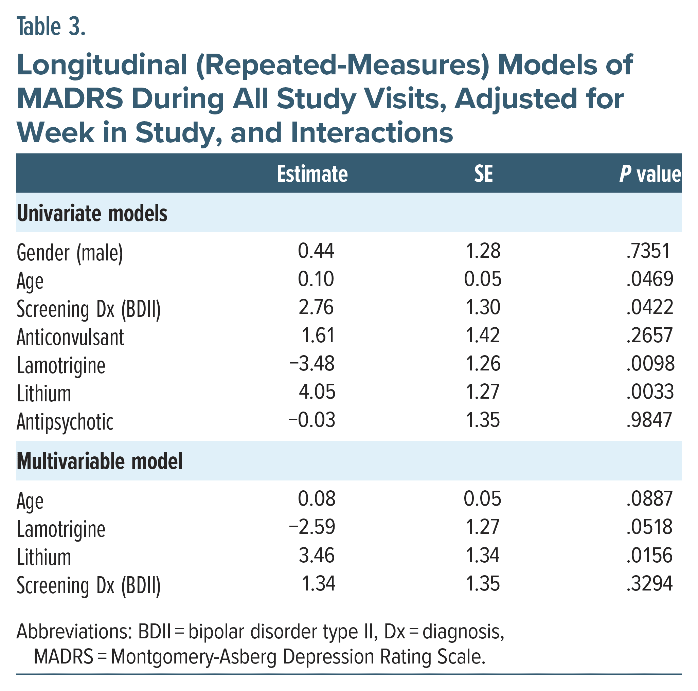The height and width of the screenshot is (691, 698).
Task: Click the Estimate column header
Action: pos(312,174)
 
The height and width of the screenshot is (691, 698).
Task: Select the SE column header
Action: pos(483,174)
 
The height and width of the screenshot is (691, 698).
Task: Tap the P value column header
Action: pos(649,174)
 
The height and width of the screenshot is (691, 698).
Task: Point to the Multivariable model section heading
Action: pos(100,461)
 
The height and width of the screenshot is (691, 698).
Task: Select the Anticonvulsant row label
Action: pos(70,337)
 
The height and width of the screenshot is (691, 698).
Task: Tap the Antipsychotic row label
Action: pos(65,421)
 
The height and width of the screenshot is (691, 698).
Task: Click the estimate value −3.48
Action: pos(312,364)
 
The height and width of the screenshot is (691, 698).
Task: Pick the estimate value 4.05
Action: pos(317,392)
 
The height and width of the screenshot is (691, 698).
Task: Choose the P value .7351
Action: pos(648,251)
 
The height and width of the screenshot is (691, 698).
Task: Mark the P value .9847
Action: pos(649,420)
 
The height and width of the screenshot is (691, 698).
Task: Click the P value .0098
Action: pos(650,364)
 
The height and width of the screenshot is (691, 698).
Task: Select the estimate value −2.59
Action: pos(312,527)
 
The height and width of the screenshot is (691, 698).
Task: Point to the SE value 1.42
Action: pos(483,335)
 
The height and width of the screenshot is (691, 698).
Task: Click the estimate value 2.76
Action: pos(316,307)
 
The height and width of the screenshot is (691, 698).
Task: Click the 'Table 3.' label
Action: pos(51,27)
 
